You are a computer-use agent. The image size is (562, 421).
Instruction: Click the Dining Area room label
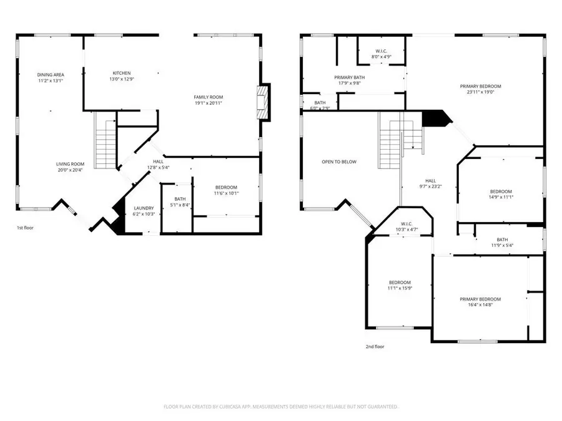(x=51, y=75)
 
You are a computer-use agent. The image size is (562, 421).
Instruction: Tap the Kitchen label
(x=121, y=73)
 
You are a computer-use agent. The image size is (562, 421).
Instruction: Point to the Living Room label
(x=70, y=164)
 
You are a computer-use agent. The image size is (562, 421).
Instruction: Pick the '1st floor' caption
(x=26, y=228)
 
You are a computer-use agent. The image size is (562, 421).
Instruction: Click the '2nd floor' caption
(x=375, y=346)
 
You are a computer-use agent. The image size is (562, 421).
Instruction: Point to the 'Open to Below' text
(x=339, y=162)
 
